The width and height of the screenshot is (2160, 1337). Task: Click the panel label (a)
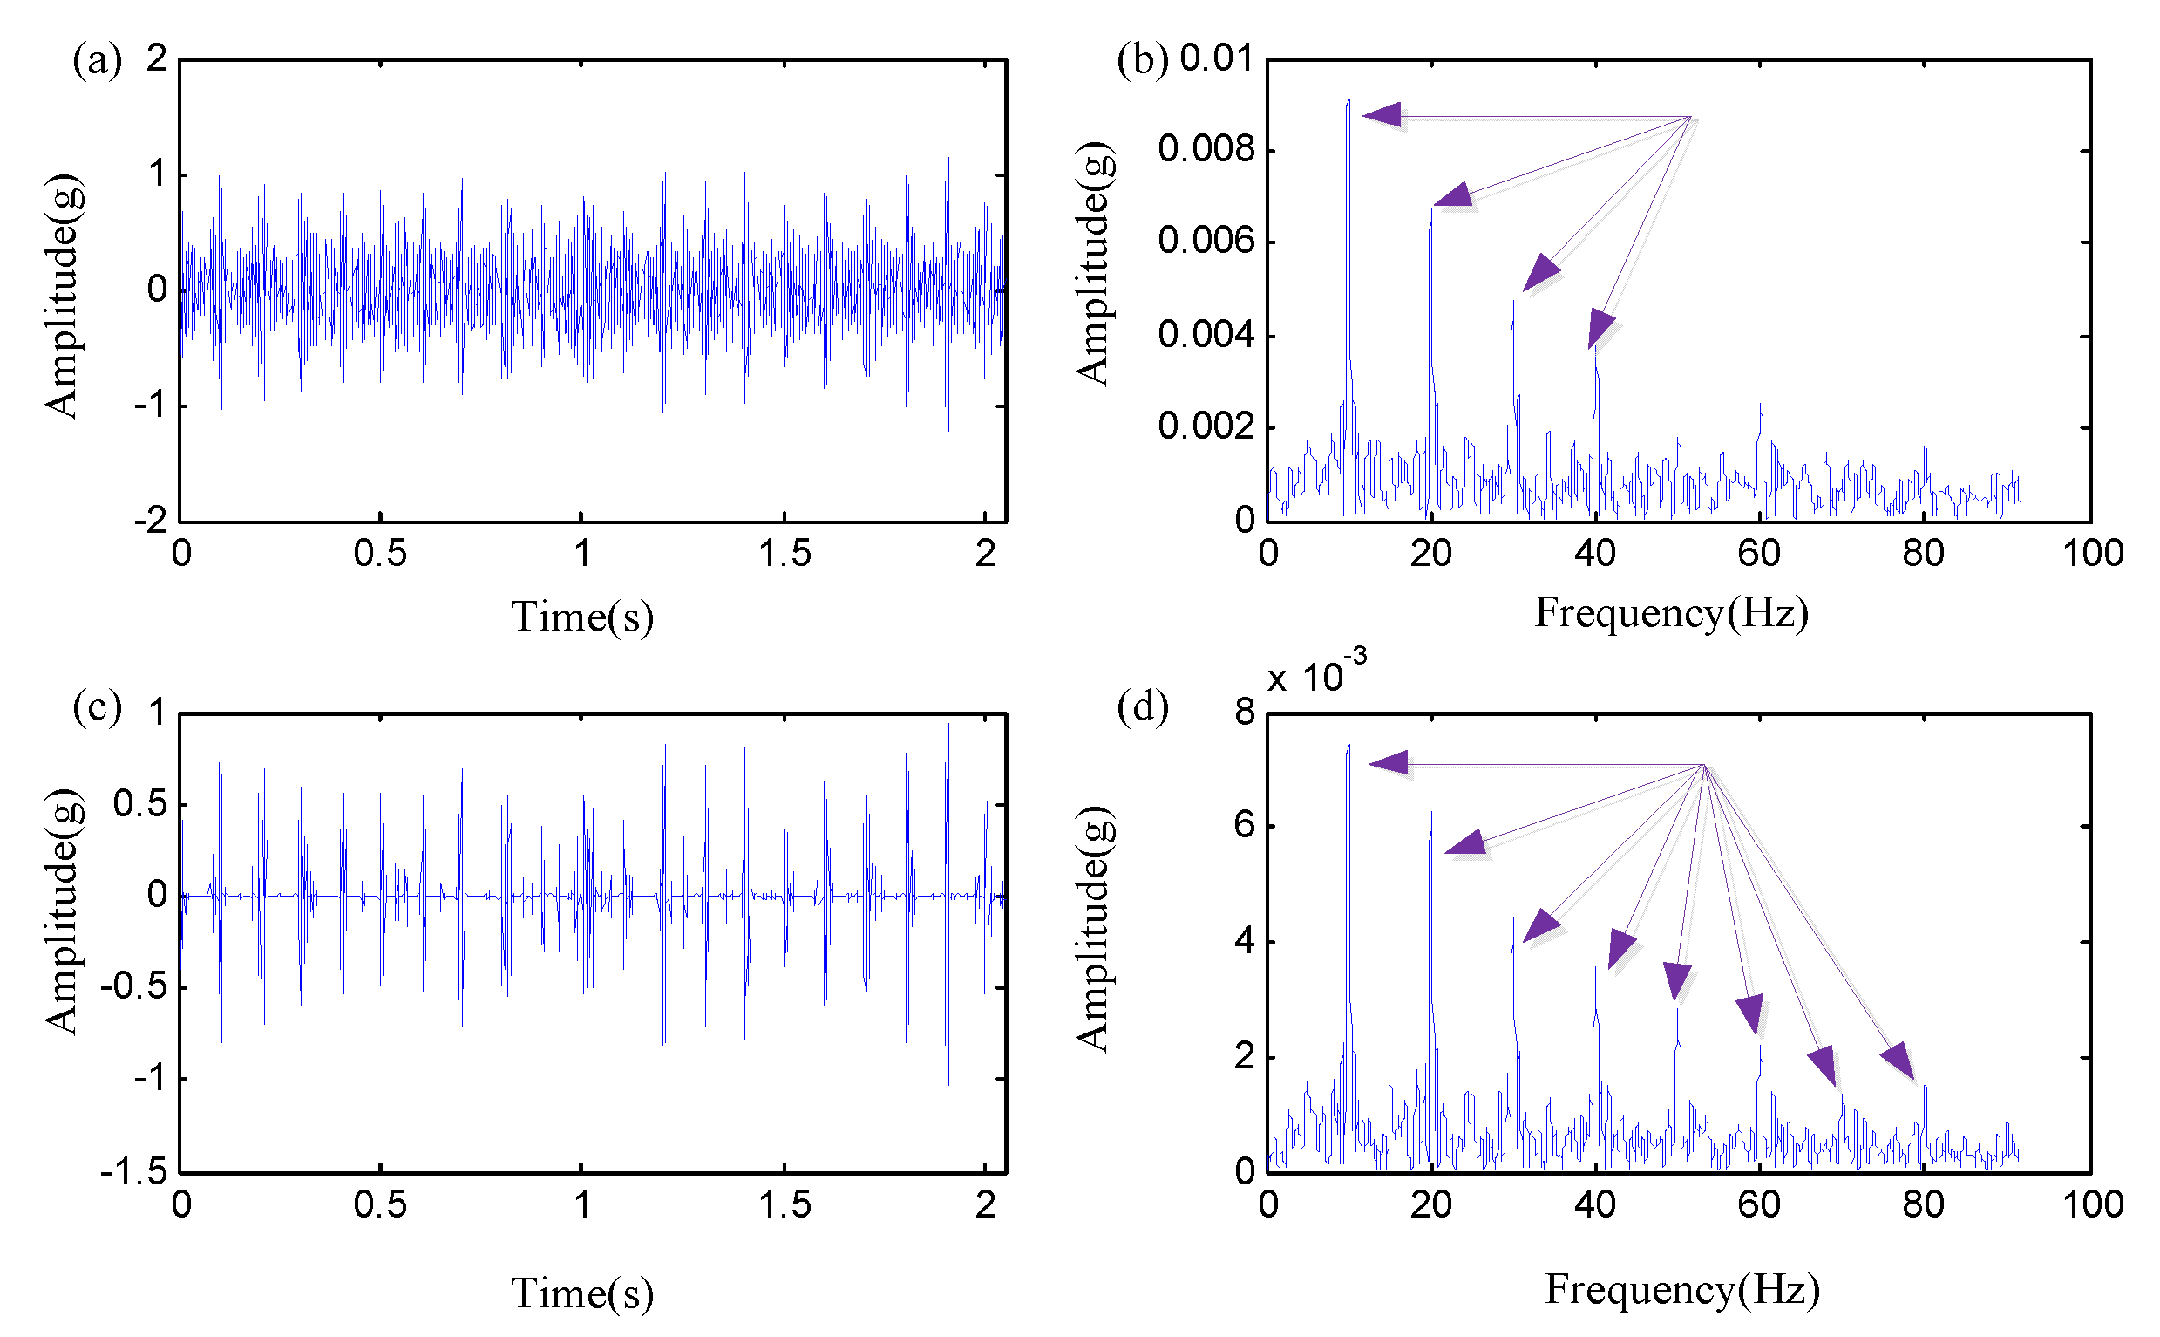pyautogui.click(x=98, y=61)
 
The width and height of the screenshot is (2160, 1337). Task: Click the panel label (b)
pyautogui.click(x=1142, y=60)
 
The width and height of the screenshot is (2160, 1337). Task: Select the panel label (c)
pyautogui.click(x=98, y=708)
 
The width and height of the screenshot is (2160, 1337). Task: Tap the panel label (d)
pyautogui.click(x=1142, y=707)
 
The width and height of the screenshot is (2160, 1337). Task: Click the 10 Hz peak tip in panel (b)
pyautogui.click(x=1348, y=101)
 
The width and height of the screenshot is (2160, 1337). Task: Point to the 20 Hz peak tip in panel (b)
pyautogui.click(x=1431, y=209)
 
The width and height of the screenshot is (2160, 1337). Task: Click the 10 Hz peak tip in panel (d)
pyautogui.click(x=1348, y=746)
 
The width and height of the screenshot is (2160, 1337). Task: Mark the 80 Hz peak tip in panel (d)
pyautogui.click(x=1925, y=1087)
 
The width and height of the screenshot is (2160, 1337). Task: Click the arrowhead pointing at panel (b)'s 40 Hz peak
pyautogui.click(x=1600, y=330)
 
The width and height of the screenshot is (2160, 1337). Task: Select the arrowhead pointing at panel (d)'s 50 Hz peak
pyautogui.click(x=1676, y=980)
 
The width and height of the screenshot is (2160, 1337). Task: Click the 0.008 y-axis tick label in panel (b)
pyautogui.click(x=1206, y=149)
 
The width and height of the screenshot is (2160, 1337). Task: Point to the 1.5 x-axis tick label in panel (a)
pyautogui.click(x=784, y=555)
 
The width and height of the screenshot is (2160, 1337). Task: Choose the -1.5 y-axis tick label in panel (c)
pyautogui.click(x=133, y=1172)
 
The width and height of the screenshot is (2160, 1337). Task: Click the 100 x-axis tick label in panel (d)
pyautogui.click(x=2092, y=1205)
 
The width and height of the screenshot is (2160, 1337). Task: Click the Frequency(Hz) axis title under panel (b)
pyautogui.click(x=1670, y=614)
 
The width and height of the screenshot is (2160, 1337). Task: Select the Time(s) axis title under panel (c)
pyautogui.click(x=582, y=1293)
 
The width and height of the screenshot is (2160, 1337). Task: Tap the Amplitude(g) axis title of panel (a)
pyautogui.click(x=64, y=297)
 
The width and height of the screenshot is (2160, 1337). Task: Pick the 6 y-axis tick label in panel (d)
pyautogui.click(x=1244, y=825)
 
